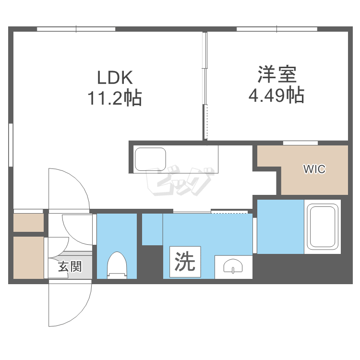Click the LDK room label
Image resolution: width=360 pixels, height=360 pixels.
[x=115, y=77]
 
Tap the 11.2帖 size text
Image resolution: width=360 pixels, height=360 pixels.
[x=115, y=98]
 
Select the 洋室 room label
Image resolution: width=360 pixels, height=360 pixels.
[x=277, y=74]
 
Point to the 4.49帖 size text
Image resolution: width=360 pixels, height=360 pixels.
[x=276, y=95]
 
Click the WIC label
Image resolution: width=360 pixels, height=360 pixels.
[x=314, y=169]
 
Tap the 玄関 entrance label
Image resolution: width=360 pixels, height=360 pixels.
[x=70, y=266]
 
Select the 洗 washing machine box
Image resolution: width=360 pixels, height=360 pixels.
[x=185, y=262]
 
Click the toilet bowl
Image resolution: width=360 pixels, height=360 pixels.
[x=117, y=265]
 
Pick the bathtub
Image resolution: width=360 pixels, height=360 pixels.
[x=323, y=227]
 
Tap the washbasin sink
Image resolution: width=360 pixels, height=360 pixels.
[x=233, y=266]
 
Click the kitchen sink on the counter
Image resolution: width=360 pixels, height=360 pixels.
[x=150, y=159]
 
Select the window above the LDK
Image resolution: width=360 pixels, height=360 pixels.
[x=76, y=29]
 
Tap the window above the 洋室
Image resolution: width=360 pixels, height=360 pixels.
[x=276, y=29]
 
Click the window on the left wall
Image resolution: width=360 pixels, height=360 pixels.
[x=11, y=145]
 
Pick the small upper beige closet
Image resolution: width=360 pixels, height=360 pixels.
[x=28, y=223]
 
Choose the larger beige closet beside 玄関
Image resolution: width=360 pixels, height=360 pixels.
[x=28, y=258]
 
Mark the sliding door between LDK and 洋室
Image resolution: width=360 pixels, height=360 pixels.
[x=205, y=86]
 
